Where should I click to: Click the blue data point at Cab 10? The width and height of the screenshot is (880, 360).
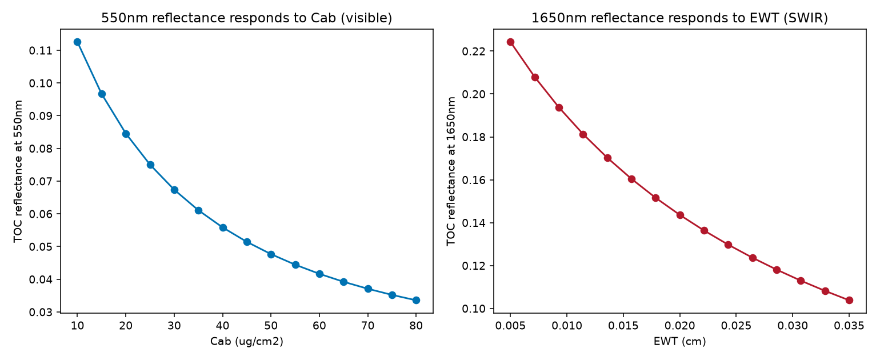pos(77,42)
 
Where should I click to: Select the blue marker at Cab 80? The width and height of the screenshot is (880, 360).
pos(416,300)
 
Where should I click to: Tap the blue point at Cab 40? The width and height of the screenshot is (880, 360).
pos(223,227)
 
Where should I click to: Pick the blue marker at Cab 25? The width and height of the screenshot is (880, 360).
pos(150,165)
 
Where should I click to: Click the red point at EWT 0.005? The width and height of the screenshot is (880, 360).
pos(510,42)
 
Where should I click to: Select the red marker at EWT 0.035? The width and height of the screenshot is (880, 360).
pos(849,300)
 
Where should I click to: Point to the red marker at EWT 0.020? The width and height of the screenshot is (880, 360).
pos(680,215)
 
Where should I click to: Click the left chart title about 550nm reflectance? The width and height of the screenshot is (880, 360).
pos(247,18)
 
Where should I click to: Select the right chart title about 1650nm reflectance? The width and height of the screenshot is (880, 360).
pos(679,18)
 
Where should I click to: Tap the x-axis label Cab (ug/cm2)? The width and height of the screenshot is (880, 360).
pos(247,341)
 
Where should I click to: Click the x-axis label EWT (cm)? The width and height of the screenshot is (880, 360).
pos(679,341)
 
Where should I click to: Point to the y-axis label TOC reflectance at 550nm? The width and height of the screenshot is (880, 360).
pos(18,171)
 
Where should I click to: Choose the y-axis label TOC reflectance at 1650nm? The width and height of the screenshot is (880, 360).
pos(451,171)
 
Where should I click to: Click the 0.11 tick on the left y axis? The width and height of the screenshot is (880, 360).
pos(39,50)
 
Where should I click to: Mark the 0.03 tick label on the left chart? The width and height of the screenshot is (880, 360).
pos(39,312)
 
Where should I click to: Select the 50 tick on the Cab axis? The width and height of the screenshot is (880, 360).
pos(271,325)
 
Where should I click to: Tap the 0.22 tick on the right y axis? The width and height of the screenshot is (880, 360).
pos(473,51)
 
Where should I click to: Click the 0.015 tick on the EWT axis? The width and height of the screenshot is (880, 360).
pos(623,326)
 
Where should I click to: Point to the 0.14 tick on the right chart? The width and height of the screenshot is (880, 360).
pos(473,223)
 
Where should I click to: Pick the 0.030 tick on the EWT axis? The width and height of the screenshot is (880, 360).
pos(793,326)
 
